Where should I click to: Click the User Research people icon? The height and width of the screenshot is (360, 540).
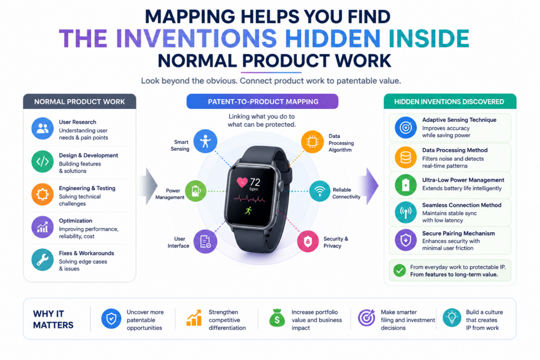tap(42, 129)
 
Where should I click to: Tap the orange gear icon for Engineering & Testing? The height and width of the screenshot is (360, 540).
tap(42, 194)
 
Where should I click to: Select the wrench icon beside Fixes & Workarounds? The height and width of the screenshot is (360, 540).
tap(42, 260)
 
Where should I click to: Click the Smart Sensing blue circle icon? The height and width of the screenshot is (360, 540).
tap(205, 141)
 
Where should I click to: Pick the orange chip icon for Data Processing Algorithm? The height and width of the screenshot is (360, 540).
tap(312, 142)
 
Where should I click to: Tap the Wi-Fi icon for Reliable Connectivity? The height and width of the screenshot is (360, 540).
tap(320, 191)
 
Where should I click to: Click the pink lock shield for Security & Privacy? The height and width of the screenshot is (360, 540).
tap(307, 241)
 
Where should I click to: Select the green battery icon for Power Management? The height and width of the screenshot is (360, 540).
tap(196, 191)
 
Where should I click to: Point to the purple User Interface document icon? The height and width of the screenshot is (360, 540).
tap(205, 241)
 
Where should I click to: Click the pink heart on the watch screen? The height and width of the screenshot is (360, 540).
tap(242, 182)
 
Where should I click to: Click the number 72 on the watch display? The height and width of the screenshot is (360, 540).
tap(255, 182)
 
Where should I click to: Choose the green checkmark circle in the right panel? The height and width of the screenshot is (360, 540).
tap(400, 270)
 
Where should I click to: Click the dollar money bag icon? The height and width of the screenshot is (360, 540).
tap(277, 318)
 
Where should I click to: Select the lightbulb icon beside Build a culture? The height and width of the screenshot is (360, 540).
tap(452, 317)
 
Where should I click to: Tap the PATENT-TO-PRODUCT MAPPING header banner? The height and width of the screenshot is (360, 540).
tap(263, 102)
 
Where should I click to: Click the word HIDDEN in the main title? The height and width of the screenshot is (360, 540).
tap(333, 38)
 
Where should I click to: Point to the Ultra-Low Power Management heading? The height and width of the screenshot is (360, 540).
tap(463, 180)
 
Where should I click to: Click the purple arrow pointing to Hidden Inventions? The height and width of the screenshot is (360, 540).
tap(370, 186)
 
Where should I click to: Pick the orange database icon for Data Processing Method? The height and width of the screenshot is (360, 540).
tap(406, 158)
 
